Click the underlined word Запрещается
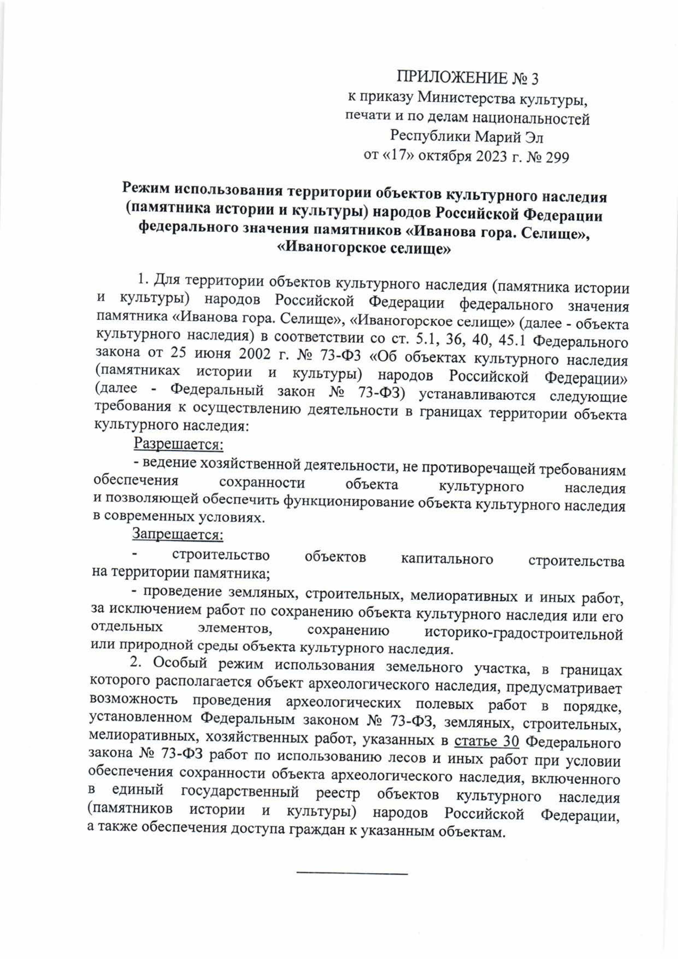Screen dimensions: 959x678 (x=177, y=533)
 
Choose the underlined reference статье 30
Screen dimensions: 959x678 (x=479, y=741)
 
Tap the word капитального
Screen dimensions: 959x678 (x=447, y=559)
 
